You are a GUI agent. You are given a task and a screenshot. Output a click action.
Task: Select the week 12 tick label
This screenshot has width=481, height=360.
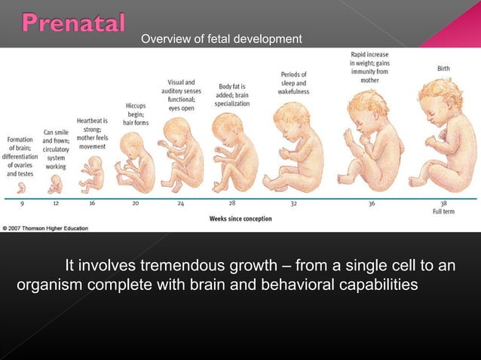click(x=57, y=203)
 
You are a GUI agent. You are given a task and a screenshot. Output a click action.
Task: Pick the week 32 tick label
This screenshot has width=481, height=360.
click(x=293, y=203)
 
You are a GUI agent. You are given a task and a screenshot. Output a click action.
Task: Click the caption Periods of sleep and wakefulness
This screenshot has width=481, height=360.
click(x=293, y=83)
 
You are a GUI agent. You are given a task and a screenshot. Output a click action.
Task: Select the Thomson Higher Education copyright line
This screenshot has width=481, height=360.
click(x=44, y=228)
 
